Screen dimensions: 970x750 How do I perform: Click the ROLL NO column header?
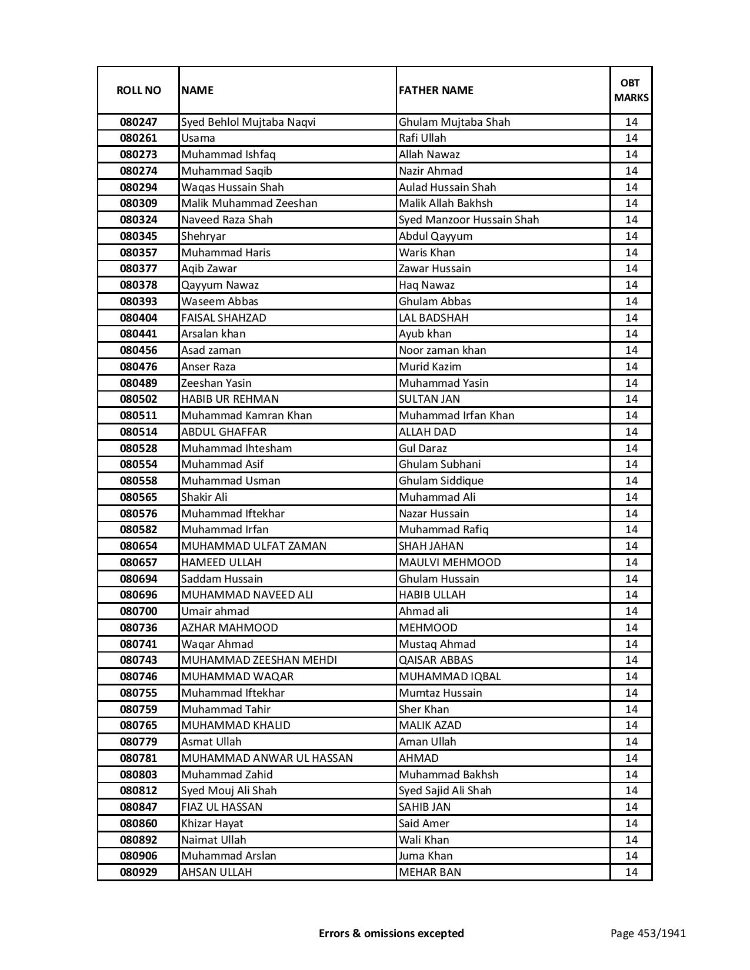pyautogui.click(x=138, y=90)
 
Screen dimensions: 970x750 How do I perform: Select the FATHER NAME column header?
pyautogui.click(x=436, y=90)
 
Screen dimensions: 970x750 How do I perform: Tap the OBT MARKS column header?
pyautogui.click(x=631, y=90)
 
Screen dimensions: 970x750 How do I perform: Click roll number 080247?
pyautogui.click(x=138, y=122)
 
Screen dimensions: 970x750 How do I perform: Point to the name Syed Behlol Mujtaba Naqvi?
pyautogui.click(x=248, y=122)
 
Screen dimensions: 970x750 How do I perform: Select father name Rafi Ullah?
pyautogui.click(x=422, y=138)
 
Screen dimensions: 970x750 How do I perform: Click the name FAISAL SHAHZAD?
pyautogui.click(x=224, y=318)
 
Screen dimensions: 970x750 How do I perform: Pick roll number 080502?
pyautogui.click(x=138, y=399)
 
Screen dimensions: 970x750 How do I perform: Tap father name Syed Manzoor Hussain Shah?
pyautogui.click(x=469, y=220)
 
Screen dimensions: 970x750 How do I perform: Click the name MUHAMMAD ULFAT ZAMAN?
pyautogui.click(x=254, y=546)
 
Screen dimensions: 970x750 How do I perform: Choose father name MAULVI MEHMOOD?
pyautogui.click(x=450, y=563)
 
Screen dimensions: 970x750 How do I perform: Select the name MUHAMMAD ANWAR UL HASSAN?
pyautogui.click(x=267, y=758)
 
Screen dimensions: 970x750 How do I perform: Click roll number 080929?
pyautogui.click(x=138, y=872)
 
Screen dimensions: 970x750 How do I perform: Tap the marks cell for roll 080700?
pyautogui.click(x=631, y=611)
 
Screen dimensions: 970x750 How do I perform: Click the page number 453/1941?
pyautogui.click(x=648, y=933)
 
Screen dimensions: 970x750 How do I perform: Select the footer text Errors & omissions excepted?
pyautogui.click(x=391, y=933)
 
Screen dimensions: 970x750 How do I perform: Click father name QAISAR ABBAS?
pyautogui.click(x=436, y=660)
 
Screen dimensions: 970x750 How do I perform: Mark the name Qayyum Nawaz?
pyautogui.click(x=220, y=285)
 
